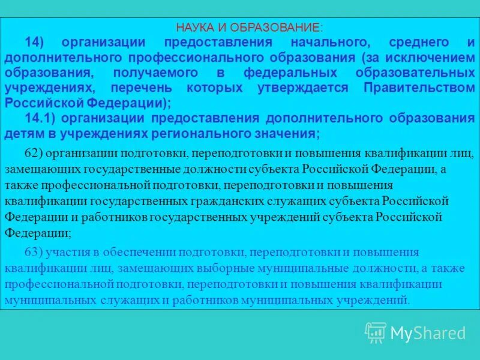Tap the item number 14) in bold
(37, 43)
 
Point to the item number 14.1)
(41, 118)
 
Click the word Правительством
(420, 88)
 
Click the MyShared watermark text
(428, 333)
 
